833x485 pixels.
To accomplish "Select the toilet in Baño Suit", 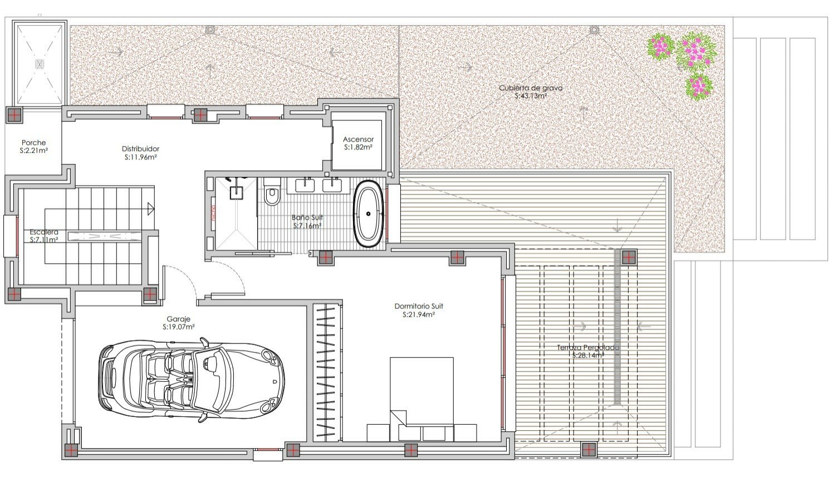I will pyautogui.click(x=272, y=195).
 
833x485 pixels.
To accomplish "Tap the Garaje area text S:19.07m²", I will pyautogui.click(x=179, y=327).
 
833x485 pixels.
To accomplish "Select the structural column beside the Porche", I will pyautogui.click(x=13, y=115).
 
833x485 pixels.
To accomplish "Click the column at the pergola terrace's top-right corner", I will pyautogui.click(x=629, y=257).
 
